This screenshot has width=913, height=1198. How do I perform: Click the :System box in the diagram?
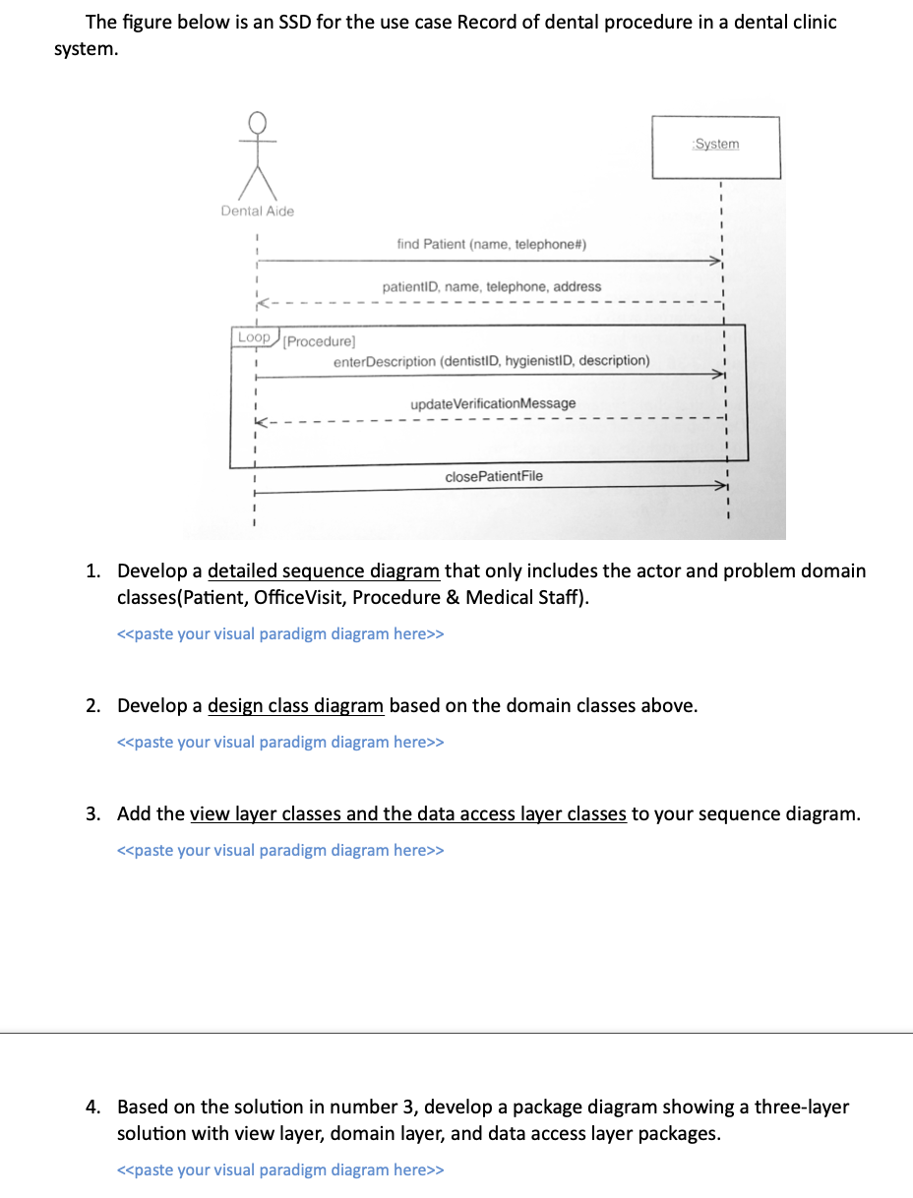(715, 147)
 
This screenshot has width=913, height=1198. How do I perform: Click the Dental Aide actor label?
(257, 210)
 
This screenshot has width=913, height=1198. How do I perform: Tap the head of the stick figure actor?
(258, 122)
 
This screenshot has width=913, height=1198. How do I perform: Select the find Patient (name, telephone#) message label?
(492, 243)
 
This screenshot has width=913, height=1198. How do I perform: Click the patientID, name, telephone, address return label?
(491, 286)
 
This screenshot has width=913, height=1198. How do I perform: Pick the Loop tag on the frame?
(254, 337)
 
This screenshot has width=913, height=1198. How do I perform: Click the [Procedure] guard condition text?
(319, 341)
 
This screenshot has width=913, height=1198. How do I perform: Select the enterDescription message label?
(491, 361)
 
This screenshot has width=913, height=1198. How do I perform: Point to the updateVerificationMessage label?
(493, 403)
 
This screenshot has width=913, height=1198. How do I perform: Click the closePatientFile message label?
(493, 476)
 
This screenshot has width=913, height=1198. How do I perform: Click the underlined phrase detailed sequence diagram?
(324, 570)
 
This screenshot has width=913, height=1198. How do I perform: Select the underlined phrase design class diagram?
(295, 705)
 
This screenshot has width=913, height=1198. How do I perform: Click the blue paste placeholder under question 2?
(280, 742)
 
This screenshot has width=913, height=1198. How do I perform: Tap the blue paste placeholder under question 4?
(280, 1169)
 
